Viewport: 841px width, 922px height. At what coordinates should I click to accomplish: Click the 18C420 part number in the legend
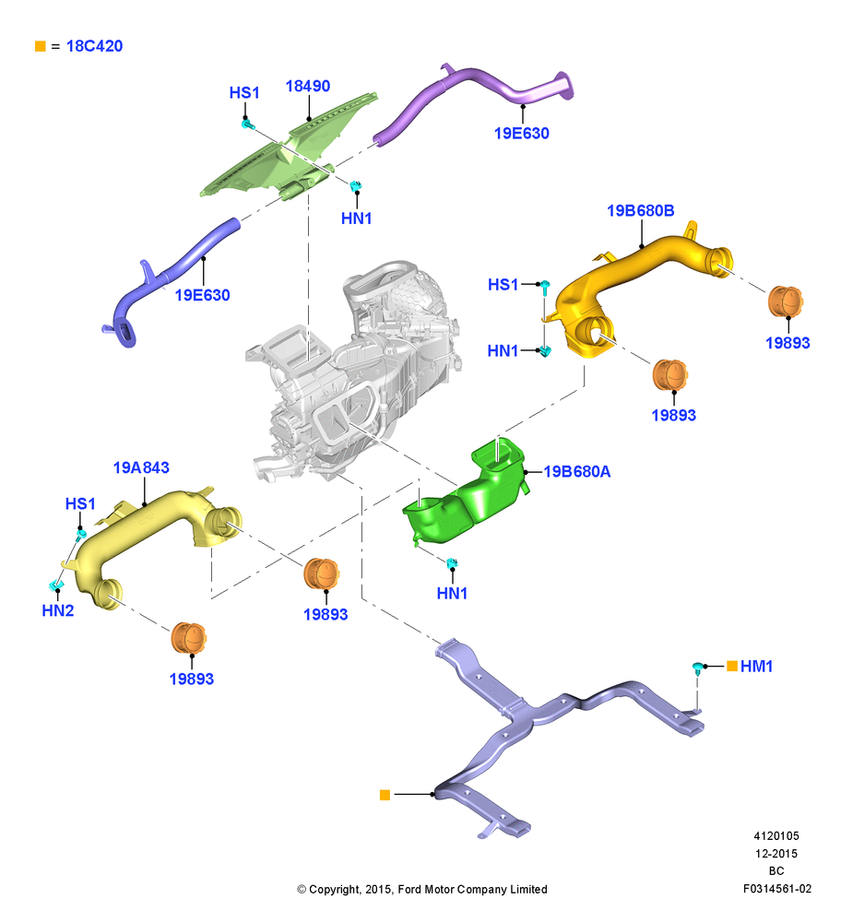(x=94, y=46)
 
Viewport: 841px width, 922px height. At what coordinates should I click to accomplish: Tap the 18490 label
(x=308, y=86)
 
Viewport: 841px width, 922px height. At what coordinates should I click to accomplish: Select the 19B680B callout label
(x=641, y=210)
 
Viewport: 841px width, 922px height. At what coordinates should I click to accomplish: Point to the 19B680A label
(x=577, y=471)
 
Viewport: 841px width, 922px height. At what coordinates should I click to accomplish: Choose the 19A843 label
(x=141, y=467)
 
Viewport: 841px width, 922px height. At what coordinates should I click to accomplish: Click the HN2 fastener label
(x=58, y=611)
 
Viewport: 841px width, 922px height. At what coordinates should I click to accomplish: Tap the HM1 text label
(x=756, y=667)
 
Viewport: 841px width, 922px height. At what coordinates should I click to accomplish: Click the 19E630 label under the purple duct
(x=522, y=134)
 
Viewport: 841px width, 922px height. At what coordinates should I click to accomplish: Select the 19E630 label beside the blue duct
(x=202, y=295)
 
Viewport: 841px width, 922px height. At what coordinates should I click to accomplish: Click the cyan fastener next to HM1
(x=697, y=668)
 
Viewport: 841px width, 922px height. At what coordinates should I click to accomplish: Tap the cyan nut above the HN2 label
(x=56, y=585)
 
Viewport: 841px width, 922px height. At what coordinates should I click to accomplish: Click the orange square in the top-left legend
(x=40, y=46)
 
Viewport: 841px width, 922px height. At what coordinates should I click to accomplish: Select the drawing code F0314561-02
(x=776, y=889)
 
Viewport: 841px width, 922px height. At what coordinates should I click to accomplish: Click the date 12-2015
(x=776, y=853)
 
